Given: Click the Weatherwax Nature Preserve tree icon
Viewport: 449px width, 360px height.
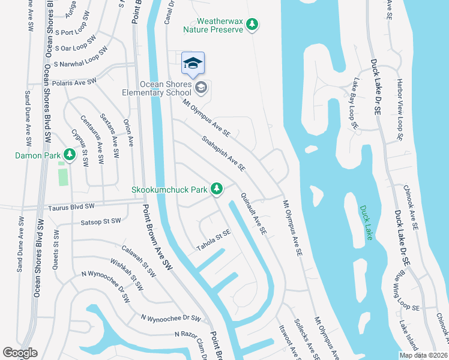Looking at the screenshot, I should coord(253,24).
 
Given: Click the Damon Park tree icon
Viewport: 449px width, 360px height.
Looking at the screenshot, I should coord(70,155).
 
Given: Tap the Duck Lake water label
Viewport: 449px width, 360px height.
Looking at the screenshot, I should coord(366,223).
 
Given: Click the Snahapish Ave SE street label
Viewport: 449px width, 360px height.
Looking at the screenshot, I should coord(223,154).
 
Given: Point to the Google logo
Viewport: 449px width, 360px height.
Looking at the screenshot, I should coord(20,353).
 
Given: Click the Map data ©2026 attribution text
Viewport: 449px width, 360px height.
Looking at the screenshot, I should coord(423,355).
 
